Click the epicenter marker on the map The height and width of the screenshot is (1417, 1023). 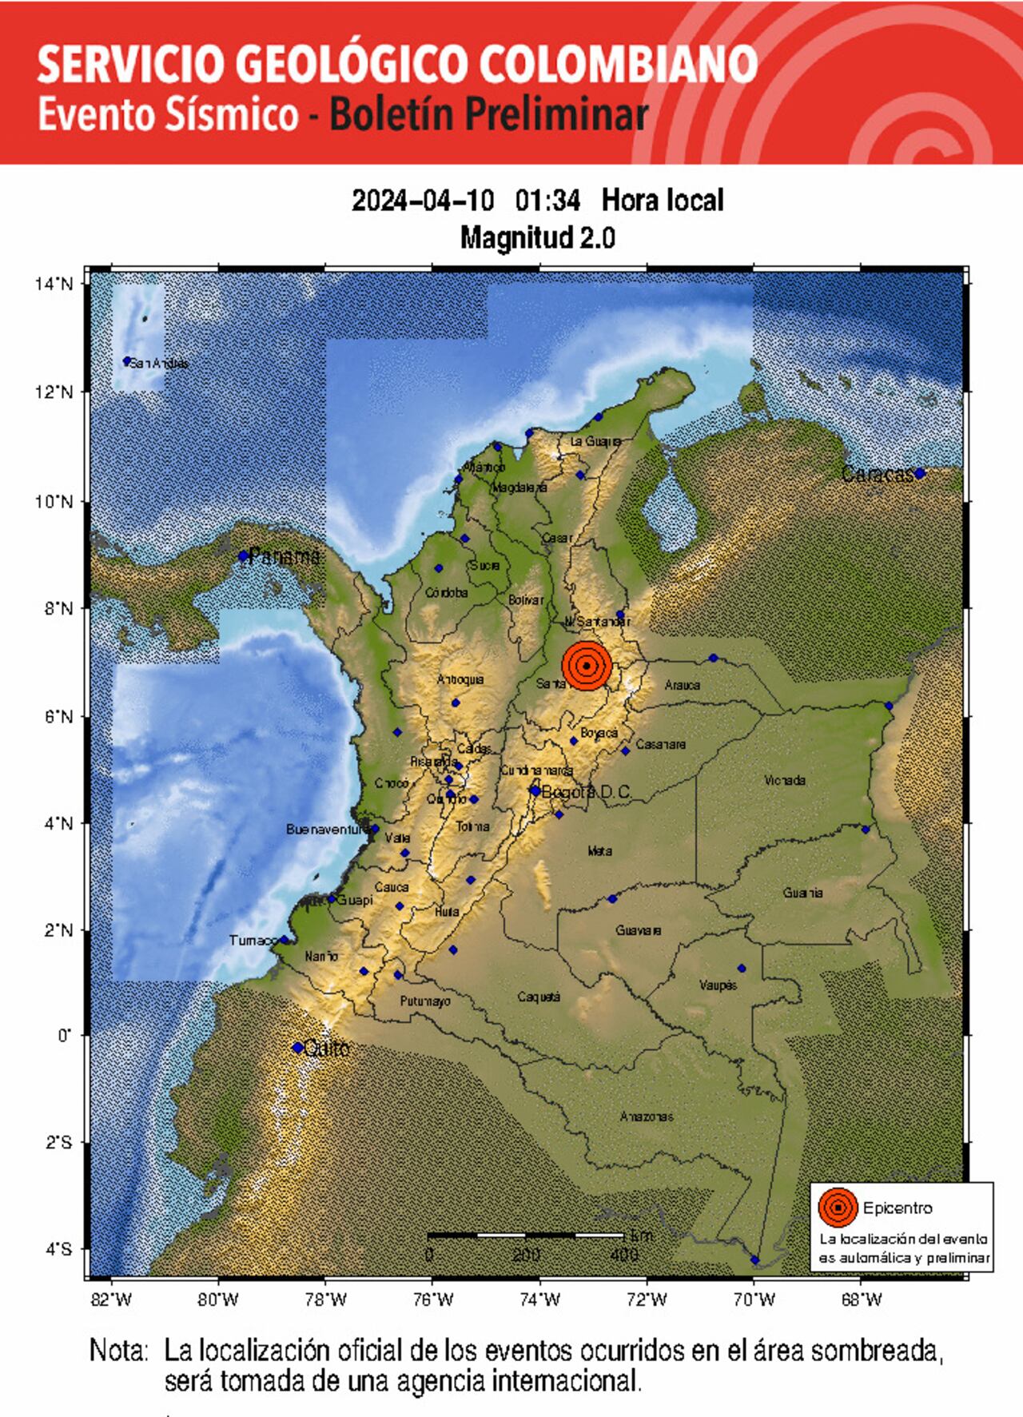point(587,665)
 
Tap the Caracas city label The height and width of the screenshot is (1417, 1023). point(878,475)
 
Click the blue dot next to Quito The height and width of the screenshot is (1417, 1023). point(297,1047)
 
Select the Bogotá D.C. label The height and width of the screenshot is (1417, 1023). point(586,792)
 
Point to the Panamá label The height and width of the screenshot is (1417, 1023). point(285,556)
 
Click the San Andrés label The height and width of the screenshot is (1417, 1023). point(159,364)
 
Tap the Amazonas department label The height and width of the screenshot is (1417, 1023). point(646,1116)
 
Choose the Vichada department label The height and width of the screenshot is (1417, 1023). point(784,780)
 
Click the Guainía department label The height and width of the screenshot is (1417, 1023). point(802,893)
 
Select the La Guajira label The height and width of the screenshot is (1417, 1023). point(595,441)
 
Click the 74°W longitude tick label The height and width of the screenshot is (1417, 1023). point(539,1300)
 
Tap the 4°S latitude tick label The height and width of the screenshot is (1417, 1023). point(58,1249)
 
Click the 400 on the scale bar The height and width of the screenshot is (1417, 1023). point(623,1255)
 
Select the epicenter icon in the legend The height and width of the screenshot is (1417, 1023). point(838,1208)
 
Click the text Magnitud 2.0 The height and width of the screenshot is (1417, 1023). point(537,237)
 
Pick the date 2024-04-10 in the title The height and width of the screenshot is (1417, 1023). point(423,200)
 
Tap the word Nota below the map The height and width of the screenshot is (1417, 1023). point(118,1351)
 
